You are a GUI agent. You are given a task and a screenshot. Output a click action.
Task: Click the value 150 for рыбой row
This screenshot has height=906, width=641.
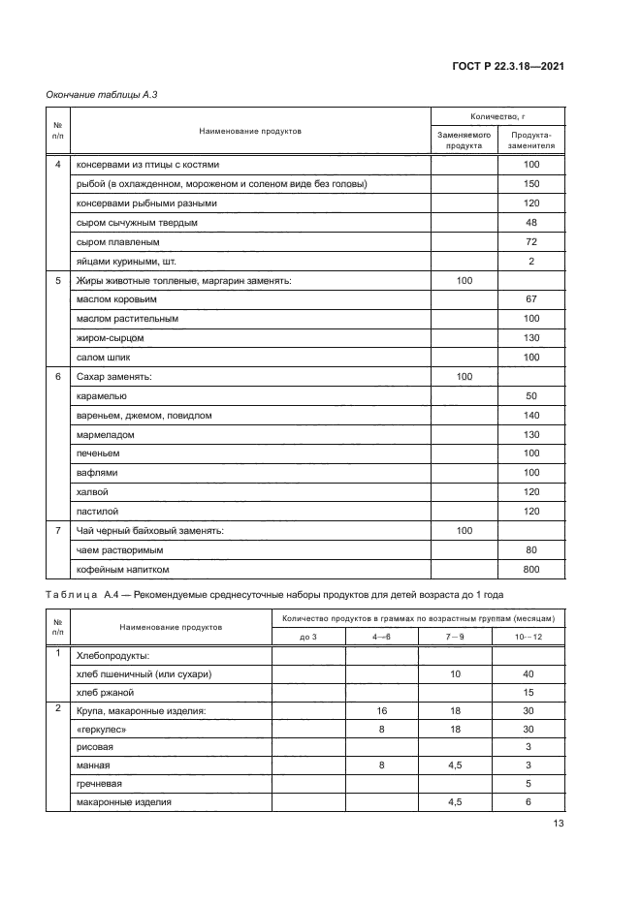pos(531,184)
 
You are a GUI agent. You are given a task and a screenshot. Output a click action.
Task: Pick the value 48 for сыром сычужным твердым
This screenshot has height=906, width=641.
pos(531,222)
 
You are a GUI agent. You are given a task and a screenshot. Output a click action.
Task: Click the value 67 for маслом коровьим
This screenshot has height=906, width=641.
pos(531,298)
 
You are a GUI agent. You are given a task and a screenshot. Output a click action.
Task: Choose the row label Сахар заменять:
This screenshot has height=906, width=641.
pos(114,376)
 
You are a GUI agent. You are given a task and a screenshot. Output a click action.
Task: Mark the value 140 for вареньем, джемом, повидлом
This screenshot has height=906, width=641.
pos(531,415)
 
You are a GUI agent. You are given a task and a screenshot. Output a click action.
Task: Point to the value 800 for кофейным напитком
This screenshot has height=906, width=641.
pos(531,569)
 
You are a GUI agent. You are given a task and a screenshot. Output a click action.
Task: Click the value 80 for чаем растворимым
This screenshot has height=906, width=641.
pos(531,549)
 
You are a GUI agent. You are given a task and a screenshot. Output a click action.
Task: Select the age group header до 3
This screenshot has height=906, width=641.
pos(308,636)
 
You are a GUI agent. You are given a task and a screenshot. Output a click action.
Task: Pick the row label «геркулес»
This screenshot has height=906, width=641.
pos(100,729)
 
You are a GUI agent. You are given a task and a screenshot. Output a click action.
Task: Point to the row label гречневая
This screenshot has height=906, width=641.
pos(99,784)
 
